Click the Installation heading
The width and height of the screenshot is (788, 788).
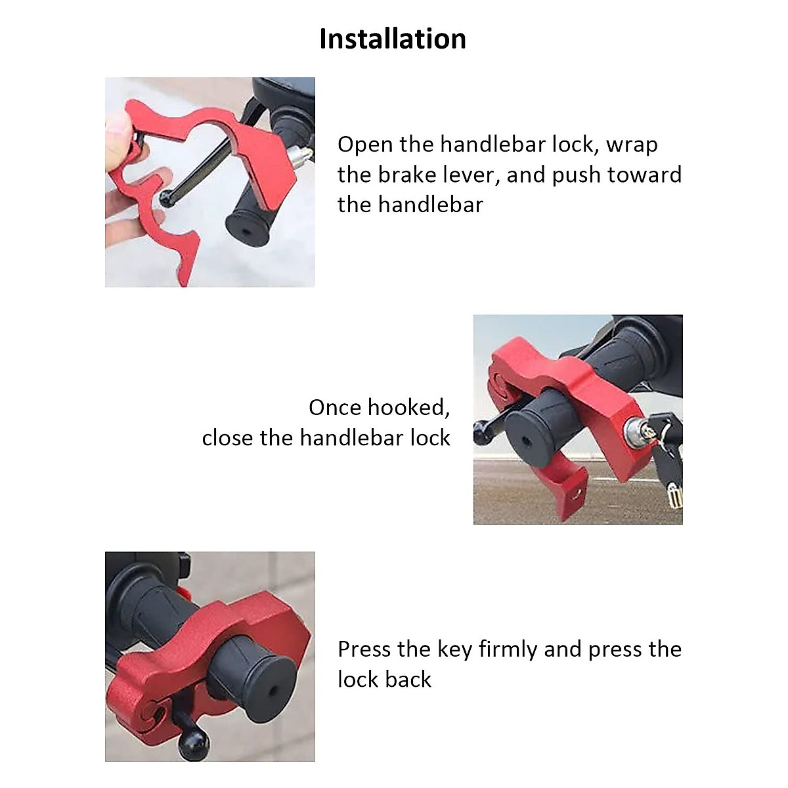click(x=393, y=39)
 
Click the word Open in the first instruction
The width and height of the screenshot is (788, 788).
click(x=365, y=145)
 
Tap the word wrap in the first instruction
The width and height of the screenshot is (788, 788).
click(x=632, y=145)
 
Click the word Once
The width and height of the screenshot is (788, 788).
click(x=335, y=408)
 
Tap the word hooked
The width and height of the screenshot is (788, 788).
click(x=409, y=408)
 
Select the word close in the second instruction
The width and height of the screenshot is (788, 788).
click(x=227, y=438)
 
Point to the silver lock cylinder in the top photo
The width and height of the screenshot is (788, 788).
click(x=299, y=154)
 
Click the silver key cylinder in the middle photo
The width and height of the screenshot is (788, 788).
click(x=634, y=429)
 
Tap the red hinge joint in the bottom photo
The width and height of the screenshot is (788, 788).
click(x=146, y=709)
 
